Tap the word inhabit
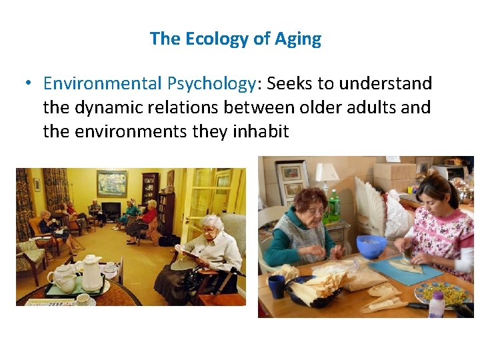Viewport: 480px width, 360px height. point(260,131)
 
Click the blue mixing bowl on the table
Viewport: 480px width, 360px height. point(371,246)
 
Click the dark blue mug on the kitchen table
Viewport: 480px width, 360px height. point(277,287)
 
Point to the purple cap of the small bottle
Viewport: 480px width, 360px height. point(437,295)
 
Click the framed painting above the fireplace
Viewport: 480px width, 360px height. point(111,183)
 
